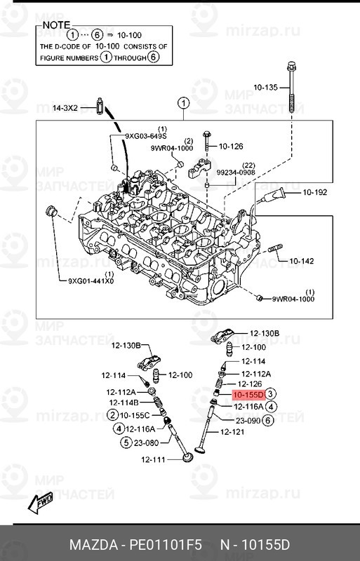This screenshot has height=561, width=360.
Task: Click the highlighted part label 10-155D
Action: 248,395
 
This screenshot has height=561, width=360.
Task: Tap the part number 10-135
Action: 265,87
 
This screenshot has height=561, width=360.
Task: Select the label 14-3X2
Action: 65,108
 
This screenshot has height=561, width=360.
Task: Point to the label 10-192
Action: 315,192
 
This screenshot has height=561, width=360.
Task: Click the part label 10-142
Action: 301,261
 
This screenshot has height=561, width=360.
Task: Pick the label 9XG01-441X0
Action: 91,281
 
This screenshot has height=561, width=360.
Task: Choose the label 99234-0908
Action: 236,173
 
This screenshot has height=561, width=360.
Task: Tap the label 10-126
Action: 231,147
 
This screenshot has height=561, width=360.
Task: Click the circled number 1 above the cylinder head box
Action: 183,104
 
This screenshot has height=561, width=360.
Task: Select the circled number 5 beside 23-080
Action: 126,443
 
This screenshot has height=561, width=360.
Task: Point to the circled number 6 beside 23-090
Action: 267,421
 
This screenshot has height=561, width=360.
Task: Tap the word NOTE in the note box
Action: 56,25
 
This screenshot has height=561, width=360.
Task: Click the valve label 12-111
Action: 153,460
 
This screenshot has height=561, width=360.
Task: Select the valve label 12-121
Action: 232,432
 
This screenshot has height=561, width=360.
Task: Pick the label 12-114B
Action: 124,403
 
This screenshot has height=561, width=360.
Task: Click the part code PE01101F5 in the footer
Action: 166,545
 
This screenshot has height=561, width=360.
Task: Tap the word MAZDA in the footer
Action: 93,545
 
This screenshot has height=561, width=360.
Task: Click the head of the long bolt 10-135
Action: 291,67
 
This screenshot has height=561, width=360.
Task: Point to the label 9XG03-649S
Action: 146,136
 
